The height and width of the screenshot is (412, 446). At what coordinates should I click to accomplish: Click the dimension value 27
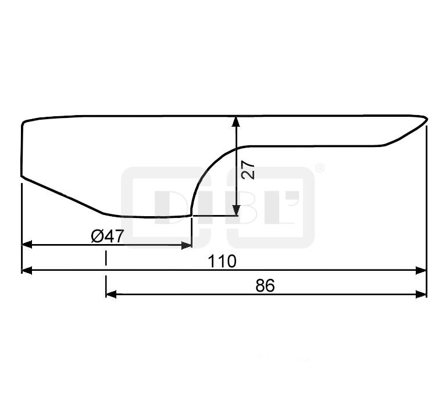(248, 170)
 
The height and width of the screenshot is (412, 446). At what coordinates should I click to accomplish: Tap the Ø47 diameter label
(108, 236)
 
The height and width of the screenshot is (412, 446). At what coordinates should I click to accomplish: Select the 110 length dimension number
(222, 261)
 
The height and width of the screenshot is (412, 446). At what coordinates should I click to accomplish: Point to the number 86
(265, 285)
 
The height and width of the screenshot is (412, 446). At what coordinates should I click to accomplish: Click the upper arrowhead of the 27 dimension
(236, 121)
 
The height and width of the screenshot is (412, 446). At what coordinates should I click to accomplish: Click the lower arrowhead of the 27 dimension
(236, 210)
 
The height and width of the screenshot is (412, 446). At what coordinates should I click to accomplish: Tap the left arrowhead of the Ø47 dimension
(27, 244)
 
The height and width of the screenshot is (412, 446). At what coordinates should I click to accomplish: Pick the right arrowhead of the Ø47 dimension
(187, 245)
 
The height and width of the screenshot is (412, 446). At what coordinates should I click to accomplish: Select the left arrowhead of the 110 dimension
(27, 270)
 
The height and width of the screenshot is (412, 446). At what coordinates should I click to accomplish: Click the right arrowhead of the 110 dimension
(421, 270)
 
